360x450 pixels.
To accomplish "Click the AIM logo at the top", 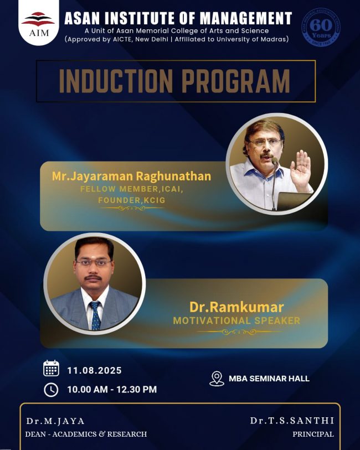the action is tap(38, 24).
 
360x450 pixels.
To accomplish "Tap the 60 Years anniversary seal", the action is tap(321, 27).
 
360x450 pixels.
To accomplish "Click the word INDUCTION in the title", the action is tap(116, 81).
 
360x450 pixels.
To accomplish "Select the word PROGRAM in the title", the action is tap(236, 81).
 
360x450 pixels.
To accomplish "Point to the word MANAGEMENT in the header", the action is tap(245, 18).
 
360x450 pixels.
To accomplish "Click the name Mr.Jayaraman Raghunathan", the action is tap(131, 176).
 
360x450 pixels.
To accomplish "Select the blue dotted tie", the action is tap(95, 315).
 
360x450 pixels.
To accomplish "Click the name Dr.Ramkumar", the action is tap(236, 307).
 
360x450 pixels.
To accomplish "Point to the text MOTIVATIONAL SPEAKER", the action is tap(236, 320).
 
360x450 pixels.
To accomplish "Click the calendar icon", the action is tap(51, 368).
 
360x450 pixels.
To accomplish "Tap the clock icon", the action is tap(51, 390).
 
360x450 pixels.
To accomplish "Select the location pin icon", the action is tap(217, 379).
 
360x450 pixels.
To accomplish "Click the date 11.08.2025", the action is tap(95, 370).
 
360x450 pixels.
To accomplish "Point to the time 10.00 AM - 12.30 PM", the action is tap(112, 390).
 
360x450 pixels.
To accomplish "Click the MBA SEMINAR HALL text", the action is tap(269, 379).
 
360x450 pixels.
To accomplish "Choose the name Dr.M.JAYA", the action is tap(55, 421).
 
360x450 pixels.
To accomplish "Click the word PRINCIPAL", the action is tap(313, 434).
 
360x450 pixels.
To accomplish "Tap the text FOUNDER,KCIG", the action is tap(132, 200).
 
